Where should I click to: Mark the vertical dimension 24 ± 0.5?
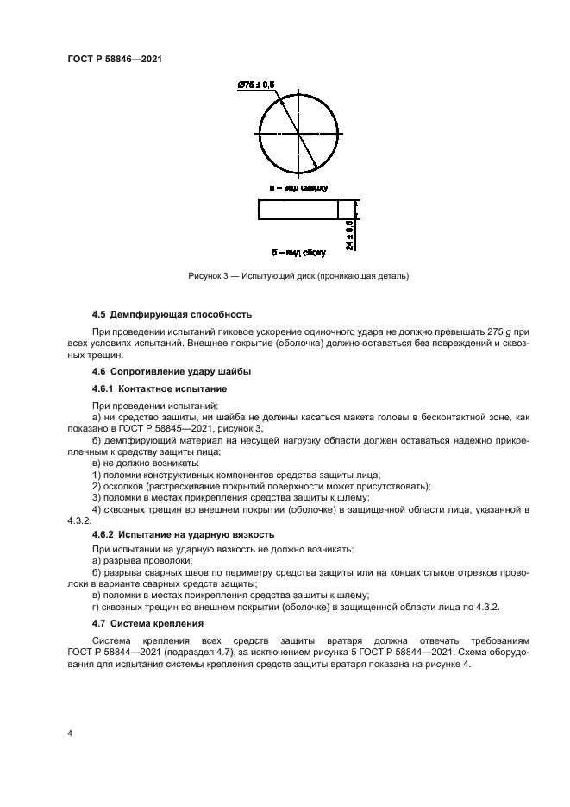[x=350, y=235]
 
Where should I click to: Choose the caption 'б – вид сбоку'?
[x=298, y=253]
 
